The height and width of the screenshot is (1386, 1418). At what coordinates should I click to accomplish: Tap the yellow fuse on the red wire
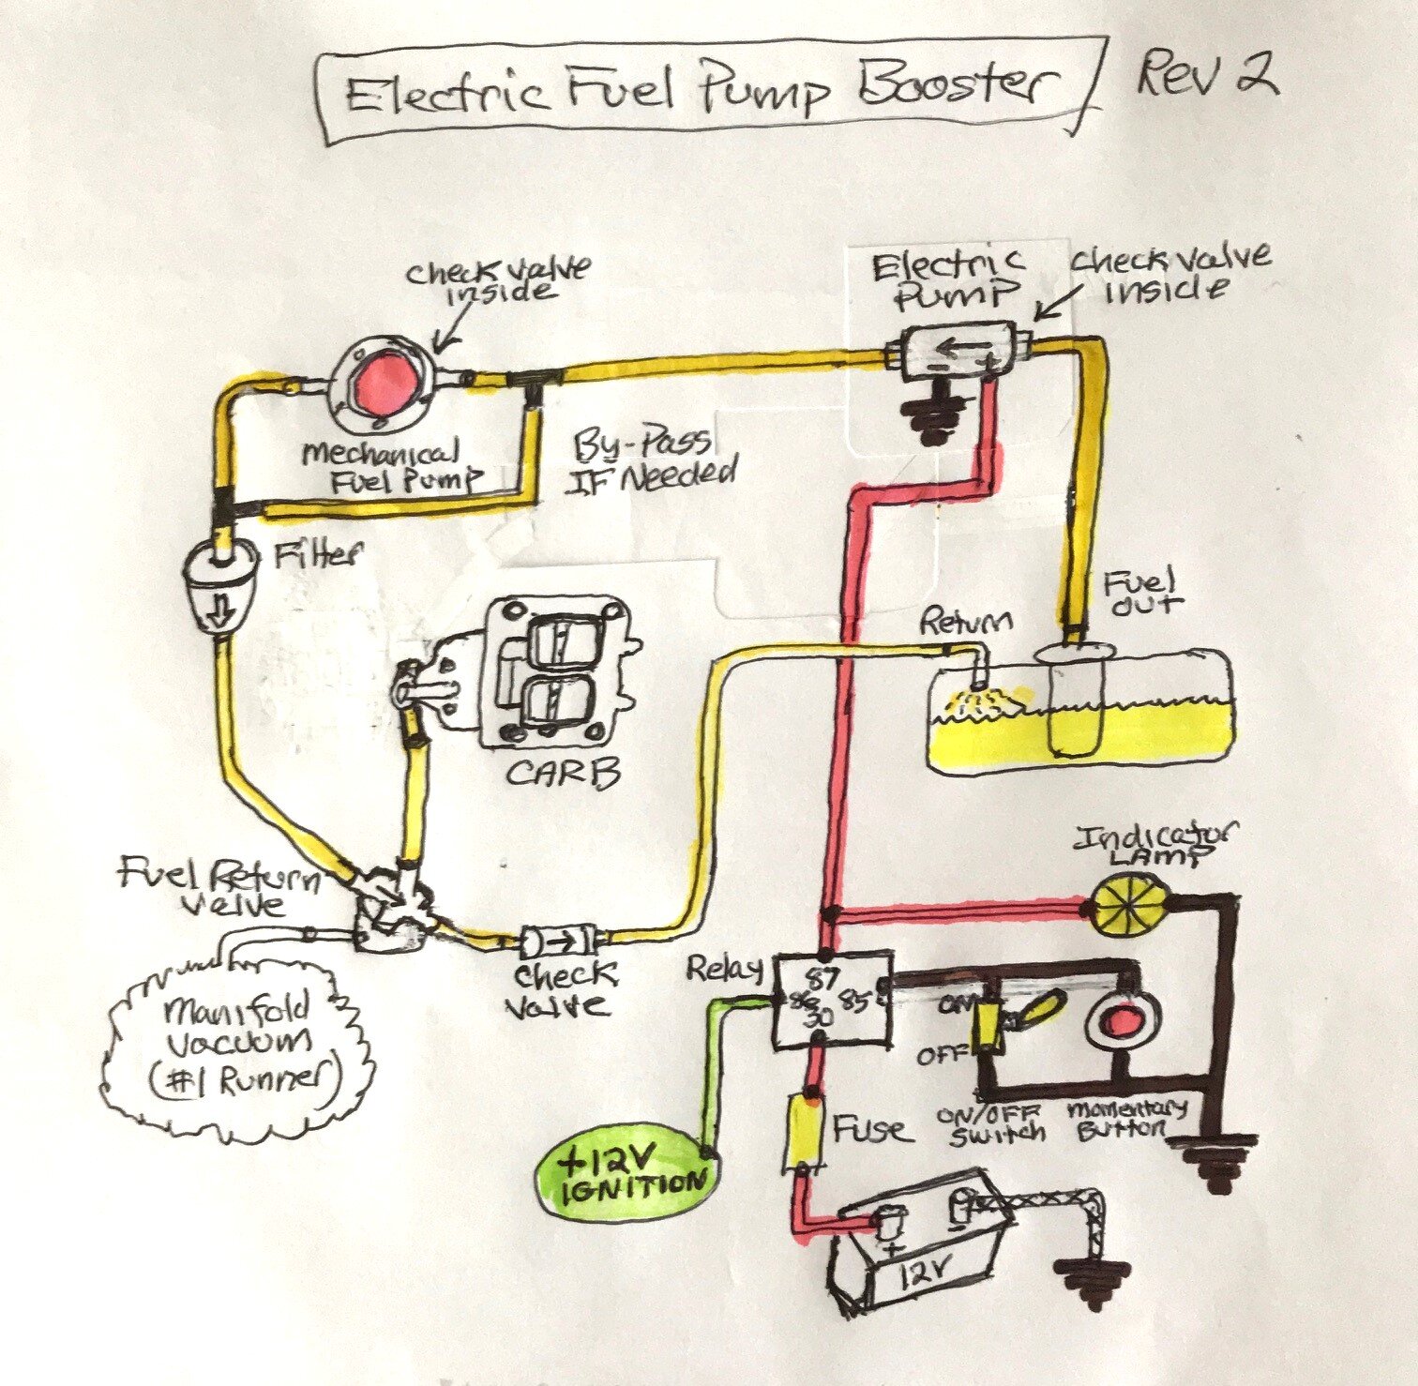pyautogui.click(x=804, y=1131)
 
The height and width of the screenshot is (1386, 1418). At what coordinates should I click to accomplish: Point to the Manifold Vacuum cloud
pyautogui.click(x=239, y=1046)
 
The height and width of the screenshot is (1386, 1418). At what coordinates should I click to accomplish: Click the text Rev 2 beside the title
pyautogui.click(x=1206, y=75)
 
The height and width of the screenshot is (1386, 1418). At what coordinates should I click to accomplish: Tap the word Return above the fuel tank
pyautogui.click(x=965, y=622)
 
